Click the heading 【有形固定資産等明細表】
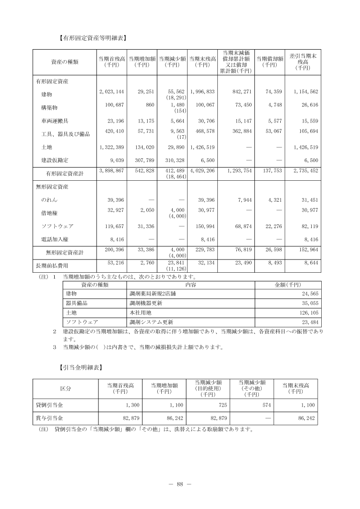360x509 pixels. (93, 39)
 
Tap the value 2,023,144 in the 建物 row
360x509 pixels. (112, 92)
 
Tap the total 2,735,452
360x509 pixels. (303, 171)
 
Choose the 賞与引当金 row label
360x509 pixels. (50, 417)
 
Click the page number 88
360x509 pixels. (180, 484)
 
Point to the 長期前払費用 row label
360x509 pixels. (52, 265)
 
